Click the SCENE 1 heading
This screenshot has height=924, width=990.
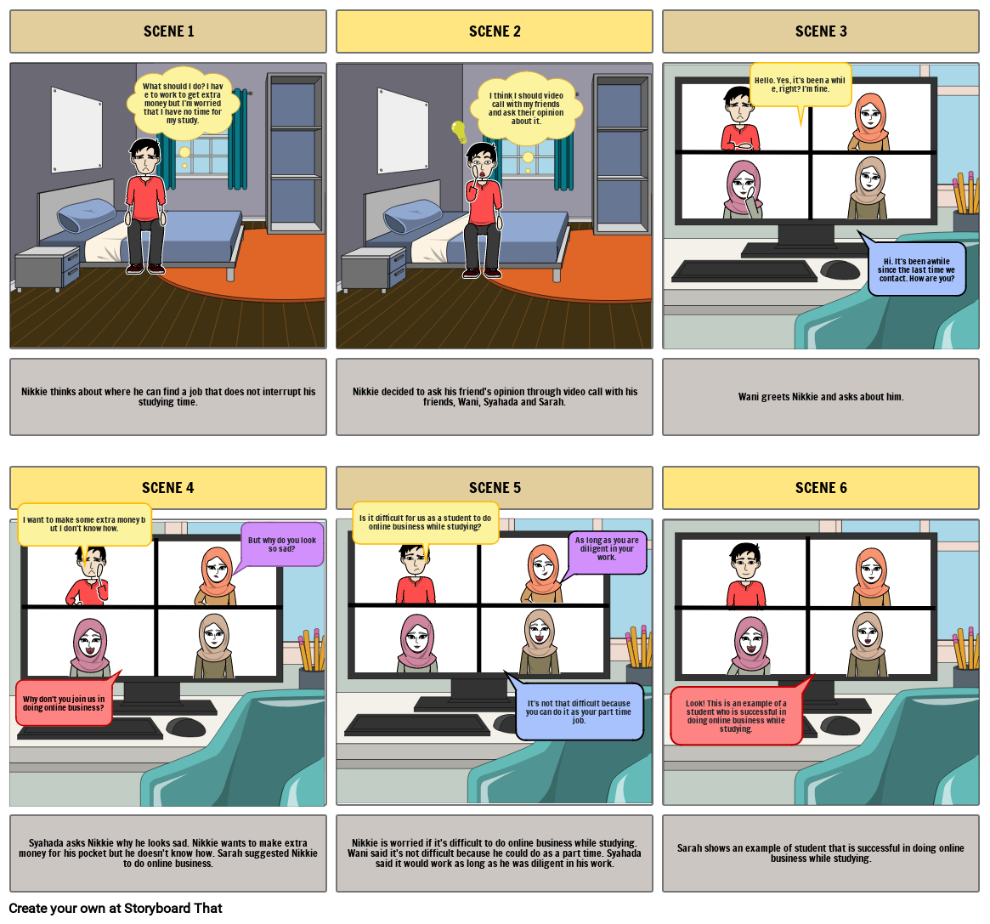point(168,31)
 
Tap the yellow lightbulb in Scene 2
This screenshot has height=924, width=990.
point(459,131)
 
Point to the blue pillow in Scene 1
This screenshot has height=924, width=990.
point(87,216)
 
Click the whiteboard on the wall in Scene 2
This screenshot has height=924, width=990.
point(403,119)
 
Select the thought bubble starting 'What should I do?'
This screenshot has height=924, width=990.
point(183,103)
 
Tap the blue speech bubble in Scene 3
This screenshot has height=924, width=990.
point(916,269)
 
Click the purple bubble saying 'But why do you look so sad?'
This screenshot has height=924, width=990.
point(281,544)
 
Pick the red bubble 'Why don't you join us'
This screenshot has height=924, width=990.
point(64,703)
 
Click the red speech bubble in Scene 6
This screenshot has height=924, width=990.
point(736,716)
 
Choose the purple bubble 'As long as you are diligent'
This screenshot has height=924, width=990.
point(607,552)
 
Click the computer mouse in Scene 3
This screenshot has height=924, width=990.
point(839,270)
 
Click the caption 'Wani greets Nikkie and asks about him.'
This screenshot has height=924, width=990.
point(821,397)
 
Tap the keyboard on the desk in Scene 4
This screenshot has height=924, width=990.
point(89,728)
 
